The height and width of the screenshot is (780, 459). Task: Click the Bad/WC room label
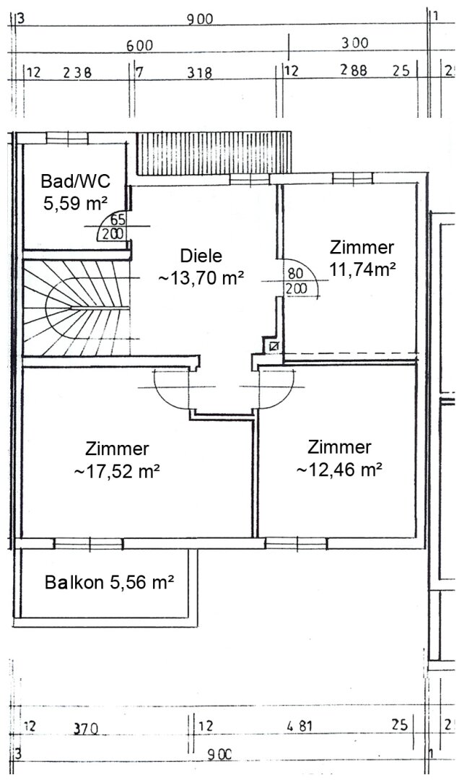75,181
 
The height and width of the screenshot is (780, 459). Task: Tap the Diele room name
201,256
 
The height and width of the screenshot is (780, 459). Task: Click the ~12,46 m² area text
339,469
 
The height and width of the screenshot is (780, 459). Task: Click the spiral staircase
76,308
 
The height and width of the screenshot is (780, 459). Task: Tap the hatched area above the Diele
214,152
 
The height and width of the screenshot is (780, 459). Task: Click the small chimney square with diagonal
274,346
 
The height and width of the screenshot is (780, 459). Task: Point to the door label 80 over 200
297,281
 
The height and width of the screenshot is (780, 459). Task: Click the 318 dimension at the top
199,73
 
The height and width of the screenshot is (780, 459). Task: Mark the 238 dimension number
77,73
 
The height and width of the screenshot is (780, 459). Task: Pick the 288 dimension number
354,70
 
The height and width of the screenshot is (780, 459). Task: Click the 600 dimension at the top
139,45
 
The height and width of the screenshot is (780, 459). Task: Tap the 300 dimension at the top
355,43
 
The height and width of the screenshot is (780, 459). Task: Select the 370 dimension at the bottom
86,729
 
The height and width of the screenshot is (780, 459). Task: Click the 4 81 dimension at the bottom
300,726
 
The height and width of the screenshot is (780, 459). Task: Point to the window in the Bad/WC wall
66,137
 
